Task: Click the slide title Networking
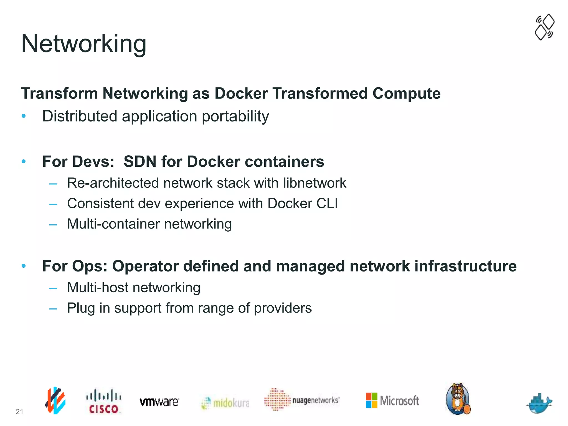(x=83, y=44)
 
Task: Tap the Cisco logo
(x=103, y=401)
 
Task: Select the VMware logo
(x=159, y=402)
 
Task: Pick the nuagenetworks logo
(x=302, y=400)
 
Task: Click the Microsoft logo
(x=392, y=400)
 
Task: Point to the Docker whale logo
(x=539, y=403)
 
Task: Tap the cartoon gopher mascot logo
(x=458, y=399)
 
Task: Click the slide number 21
(x=19, y=412)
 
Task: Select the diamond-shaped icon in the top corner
(x=544, y=27)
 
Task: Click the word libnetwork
(x=315, y=183)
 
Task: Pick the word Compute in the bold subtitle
(x=406, y=93)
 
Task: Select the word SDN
(x=140, y=162)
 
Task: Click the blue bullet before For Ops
(x=24, y=266)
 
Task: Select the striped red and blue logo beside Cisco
(x=55, y=400)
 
